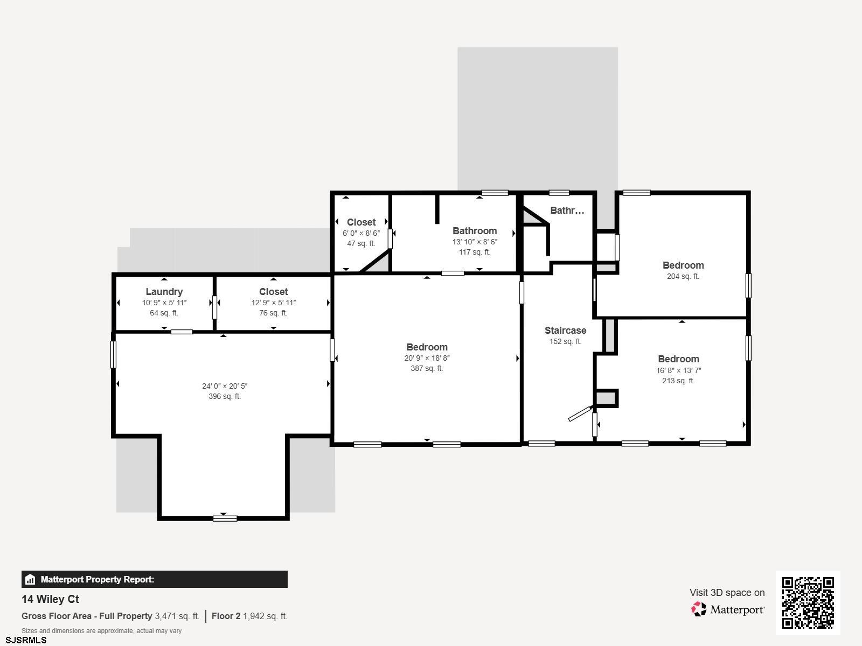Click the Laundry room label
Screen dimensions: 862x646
[164, 292]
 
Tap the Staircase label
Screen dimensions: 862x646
[565, 331]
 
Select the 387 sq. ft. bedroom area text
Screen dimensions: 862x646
[427, 368]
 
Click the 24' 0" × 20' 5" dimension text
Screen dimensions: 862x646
[225, 386]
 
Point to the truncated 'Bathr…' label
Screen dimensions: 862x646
[567, 210]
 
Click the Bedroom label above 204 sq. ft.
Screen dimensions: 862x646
[683, 265]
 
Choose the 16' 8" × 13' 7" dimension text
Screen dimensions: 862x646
[679, 370]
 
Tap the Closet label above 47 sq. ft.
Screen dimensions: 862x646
[362, 222]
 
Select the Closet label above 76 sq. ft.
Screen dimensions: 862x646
[273, 292]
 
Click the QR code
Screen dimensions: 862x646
[808, 603]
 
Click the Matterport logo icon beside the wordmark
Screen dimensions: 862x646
[699, 609]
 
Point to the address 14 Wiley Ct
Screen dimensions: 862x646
[50, 599]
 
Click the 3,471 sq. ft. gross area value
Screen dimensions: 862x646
[177, 616]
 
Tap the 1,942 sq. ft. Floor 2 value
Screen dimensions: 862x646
[265, 616]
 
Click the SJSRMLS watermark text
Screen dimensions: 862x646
[26, 641]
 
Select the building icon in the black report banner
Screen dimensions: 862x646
[30, 579]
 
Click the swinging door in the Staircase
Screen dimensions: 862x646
[580, 414]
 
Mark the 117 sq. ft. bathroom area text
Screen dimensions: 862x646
[475, 252]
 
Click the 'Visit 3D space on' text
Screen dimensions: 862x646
[727, 593]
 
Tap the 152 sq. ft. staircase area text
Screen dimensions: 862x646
[565, 342]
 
